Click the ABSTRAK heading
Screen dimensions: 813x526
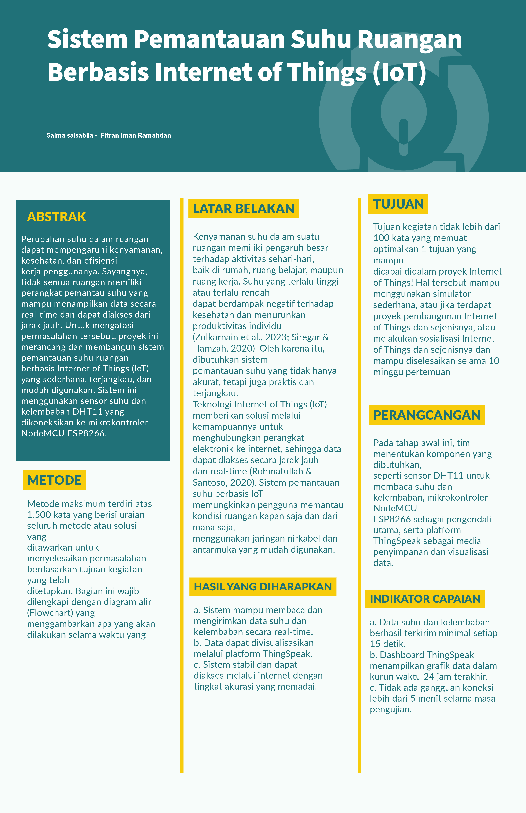pos(56,217)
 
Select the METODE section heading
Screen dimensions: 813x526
pos(54,480)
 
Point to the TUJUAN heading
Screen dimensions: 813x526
pos(398,204)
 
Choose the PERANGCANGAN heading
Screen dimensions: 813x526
pos(427,415)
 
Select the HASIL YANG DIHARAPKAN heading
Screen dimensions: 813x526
pos(263,586)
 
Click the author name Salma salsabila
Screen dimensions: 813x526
pos(70,135)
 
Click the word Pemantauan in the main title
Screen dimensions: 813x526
pos(209,39)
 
